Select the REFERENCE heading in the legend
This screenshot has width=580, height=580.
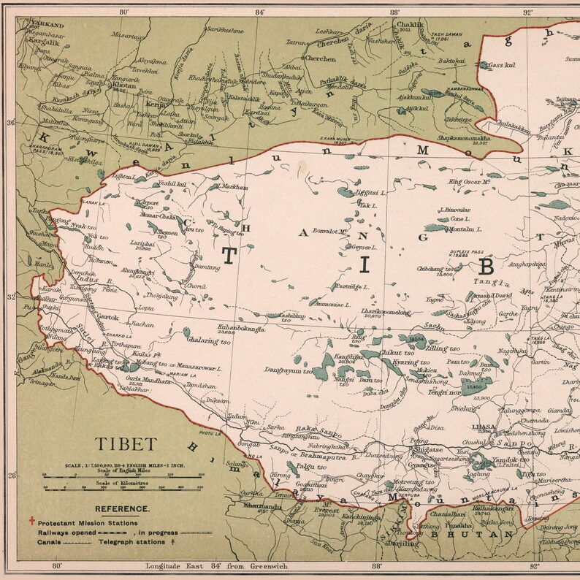tap(122, 508)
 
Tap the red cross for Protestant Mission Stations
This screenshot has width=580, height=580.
tap(31, 522)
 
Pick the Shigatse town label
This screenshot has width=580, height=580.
tap(426, 450)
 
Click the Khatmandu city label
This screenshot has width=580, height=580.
tap(262, 505)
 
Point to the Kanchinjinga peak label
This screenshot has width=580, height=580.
tap(360, 519)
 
